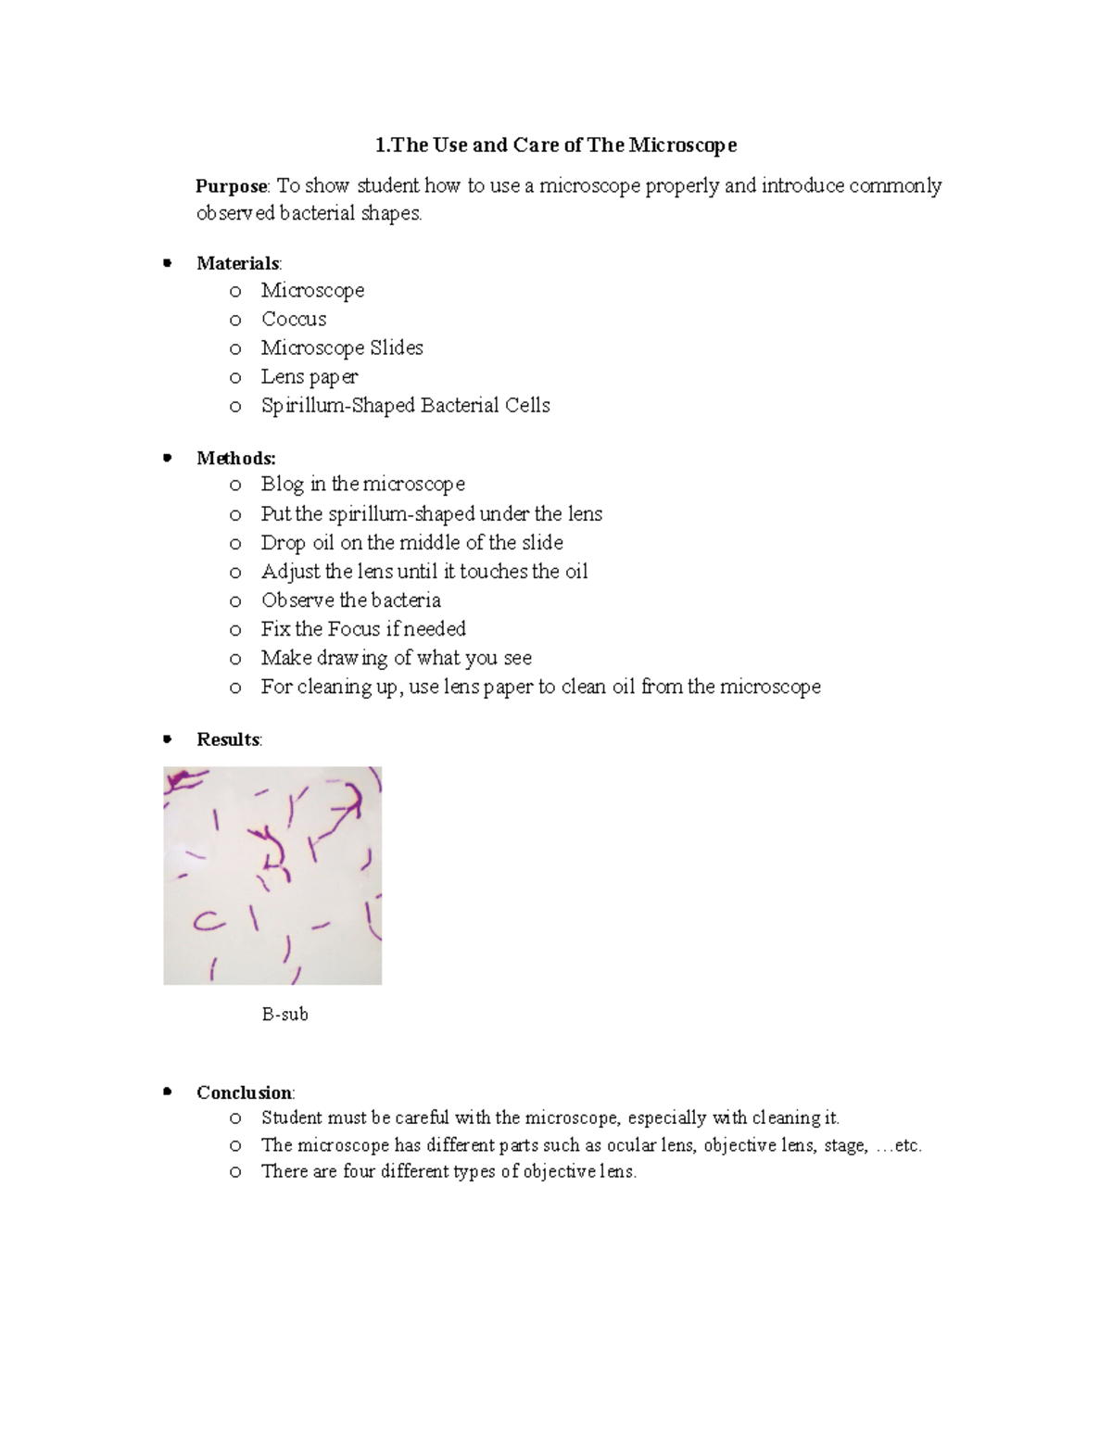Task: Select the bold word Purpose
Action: coord(232,186)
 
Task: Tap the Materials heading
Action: coord(237,263)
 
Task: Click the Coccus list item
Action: coord(294,319)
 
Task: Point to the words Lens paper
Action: coord(309,376)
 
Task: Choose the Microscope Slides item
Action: coord(342,347)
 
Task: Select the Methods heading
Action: coord(235,458)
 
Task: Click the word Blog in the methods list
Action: coord(282,484)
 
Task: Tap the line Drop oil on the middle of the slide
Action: coord(411,542)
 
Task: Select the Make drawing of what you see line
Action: coord(396,658)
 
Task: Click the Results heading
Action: coord(228,739)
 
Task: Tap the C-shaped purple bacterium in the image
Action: coord(208,921)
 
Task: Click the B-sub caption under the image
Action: coord(284,1015)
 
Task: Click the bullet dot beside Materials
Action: coord(167,263)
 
